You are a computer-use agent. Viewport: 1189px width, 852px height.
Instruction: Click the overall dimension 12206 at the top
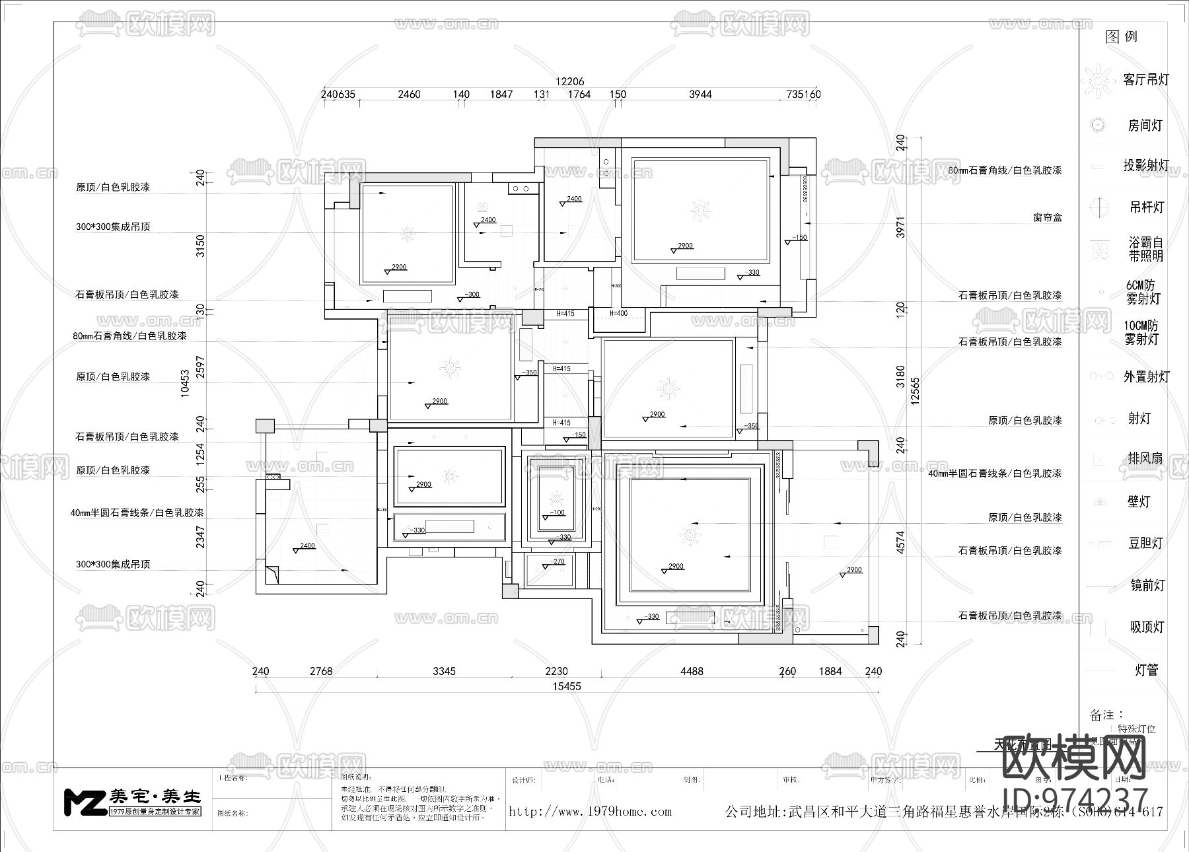569,81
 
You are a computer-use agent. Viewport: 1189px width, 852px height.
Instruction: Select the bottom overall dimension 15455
567,686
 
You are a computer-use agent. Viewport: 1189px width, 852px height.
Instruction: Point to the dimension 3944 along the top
700,94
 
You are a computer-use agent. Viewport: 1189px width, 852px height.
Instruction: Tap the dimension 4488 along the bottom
692,671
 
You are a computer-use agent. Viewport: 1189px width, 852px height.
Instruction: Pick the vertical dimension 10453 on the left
186,382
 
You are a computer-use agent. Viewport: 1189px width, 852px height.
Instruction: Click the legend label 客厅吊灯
1146,80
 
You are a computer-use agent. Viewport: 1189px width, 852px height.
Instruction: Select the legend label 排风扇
1145,458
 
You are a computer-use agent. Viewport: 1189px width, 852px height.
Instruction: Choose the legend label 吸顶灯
1146,627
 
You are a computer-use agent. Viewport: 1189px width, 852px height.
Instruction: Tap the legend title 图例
1121,37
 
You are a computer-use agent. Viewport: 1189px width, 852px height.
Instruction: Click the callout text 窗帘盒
1048,217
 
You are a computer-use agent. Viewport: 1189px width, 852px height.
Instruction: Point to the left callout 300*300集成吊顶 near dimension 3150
113,227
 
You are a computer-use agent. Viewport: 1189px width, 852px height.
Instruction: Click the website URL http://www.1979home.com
590,812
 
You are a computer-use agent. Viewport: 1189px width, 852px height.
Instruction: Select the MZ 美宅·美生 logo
132,802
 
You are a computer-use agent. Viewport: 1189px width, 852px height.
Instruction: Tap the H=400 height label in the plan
618,313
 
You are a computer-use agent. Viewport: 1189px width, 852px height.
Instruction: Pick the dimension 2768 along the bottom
321,671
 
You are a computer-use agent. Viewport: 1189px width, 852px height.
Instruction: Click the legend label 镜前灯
1146,585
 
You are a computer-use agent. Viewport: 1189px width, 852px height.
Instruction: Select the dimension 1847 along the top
501,94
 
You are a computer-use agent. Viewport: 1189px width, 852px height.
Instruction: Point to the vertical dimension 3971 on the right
900,227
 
